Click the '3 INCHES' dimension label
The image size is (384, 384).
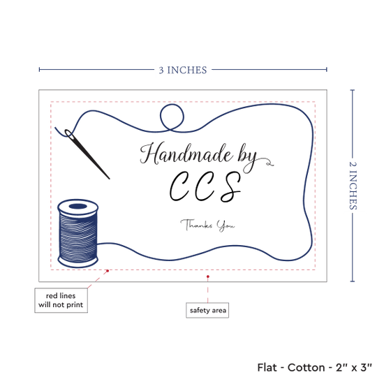[183, 70]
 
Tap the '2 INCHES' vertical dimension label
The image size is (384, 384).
[353, 186]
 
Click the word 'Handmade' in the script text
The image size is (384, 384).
[186, 154]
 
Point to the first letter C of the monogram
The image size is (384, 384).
[179, 186]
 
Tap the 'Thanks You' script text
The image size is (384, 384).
[207, 225]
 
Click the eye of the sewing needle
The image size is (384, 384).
[69, 134]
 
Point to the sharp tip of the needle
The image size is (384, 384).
[109, 179]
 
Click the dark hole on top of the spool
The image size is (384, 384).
[78, 206]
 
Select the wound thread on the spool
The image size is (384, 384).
[78, 236]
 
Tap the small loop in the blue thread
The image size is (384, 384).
[172, 117]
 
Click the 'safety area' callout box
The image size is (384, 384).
[207, 310]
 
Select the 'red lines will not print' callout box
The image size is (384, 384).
[61, 300]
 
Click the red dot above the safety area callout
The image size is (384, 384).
[207, 276]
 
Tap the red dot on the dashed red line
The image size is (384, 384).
[108, 271]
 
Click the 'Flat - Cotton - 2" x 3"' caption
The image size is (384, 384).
[314, 367]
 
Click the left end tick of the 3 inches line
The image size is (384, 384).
[39, 70]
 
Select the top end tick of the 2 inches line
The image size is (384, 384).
[353, 90]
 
